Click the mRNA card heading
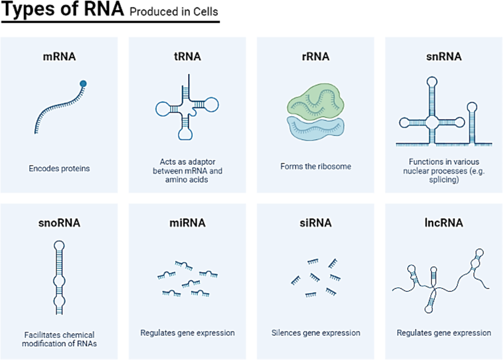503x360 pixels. [x=59, y=57]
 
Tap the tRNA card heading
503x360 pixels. [x=187, y=57]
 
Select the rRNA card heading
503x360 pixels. [x=315, y=57]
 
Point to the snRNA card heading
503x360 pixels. [x=443, y=57]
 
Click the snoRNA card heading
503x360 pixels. [x=59, y=223]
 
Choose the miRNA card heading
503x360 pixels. [x=187, y=223]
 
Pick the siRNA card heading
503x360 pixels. [x=315, y=223]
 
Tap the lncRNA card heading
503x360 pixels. [x=443, y=223]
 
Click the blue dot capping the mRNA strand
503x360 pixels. [x=83, y=83]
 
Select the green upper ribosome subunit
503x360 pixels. [x=314, y=99]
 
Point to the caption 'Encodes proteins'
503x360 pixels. [x=59, y=169]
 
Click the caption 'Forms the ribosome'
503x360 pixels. [x=315, y=166]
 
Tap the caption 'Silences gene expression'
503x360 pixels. [x=315, y=333]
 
